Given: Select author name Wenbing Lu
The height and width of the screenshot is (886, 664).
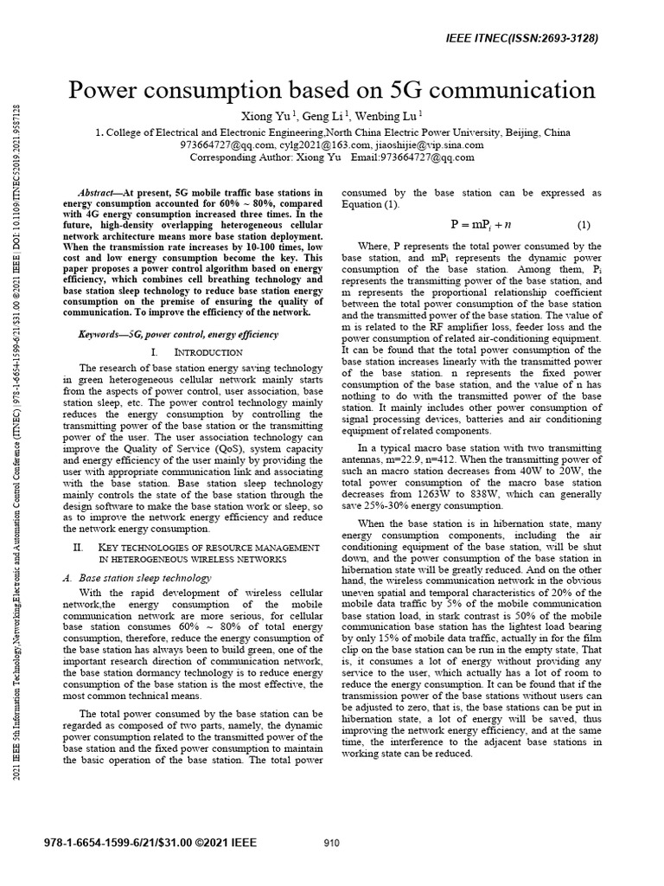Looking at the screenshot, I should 390,116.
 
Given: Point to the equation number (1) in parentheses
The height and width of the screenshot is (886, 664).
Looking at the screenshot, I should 584,225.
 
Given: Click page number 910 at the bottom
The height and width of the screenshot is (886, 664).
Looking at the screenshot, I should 331,844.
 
